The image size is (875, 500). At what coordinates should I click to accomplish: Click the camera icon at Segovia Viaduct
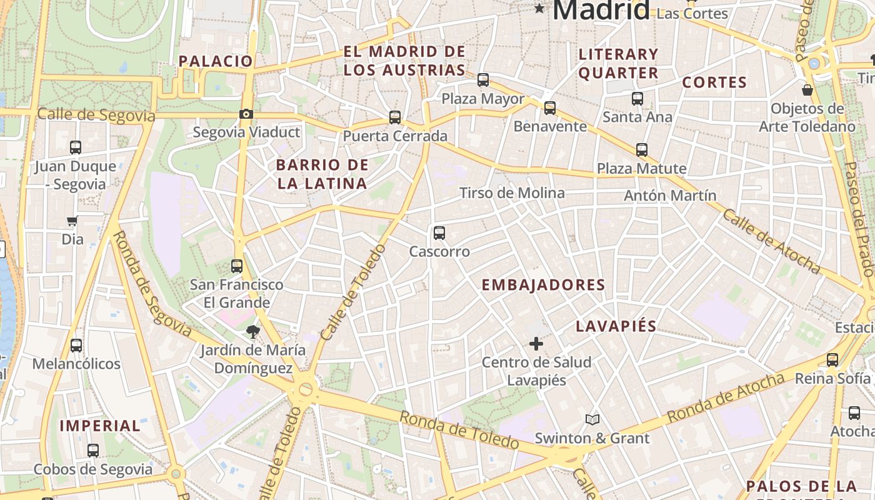click(x=246, y=114)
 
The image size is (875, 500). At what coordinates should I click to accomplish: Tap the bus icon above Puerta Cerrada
click(x=394, y=117)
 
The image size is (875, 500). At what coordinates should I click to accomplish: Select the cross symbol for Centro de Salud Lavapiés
click(x=536, y=343)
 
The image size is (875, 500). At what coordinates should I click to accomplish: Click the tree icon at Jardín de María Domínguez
click(x=252, y=331)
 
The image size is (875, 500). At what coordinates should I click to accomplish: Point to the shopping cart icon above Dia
click(x=72, y=221)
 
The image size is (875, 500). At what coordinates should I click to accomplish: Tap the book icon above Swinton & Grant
click(x=592, y=419)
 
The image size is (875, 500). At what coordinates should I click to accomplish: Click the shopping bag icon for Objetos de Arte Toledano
click(x=807, y=90)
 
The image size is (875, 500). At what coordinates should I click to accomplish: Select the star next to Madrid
click(x=539, y=9)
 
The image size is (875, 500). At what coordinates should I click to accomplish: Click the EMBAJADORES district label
click(x=543, y=285)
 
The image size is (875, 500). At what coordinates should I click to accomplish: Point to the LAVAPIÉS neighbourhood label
click(x=616, y=326)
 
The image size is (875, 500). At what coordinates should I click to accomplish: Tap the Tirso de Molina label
click(x=512, y=193)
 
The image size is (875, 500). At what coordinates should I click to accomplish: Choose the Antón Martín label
click(x=670, y=196)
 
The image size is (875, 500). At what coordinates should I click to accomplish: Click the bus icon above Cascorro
click(x=439, y=233)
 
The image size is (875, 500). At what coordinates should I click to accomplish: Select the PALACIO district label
click(x=216, y=61)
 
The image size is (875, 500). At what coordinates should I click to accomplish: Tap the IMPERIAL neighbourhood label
click(x=100, y=426)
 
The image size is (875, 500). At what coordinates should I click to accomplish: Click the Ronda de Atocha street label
click(x=725, y=397)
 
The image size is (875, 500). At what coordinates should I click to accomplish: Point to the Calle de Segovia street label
click(x=96, y=115)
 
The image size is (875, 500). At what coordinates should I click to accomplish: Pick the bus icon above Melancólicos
click(x=76, y=345)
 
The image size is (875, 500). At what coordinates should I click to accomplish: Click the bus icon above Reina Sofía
click(x=832, y=359)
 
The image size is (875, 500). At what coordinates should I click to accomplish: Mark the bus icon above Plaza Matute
click(x=642, y=149)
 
